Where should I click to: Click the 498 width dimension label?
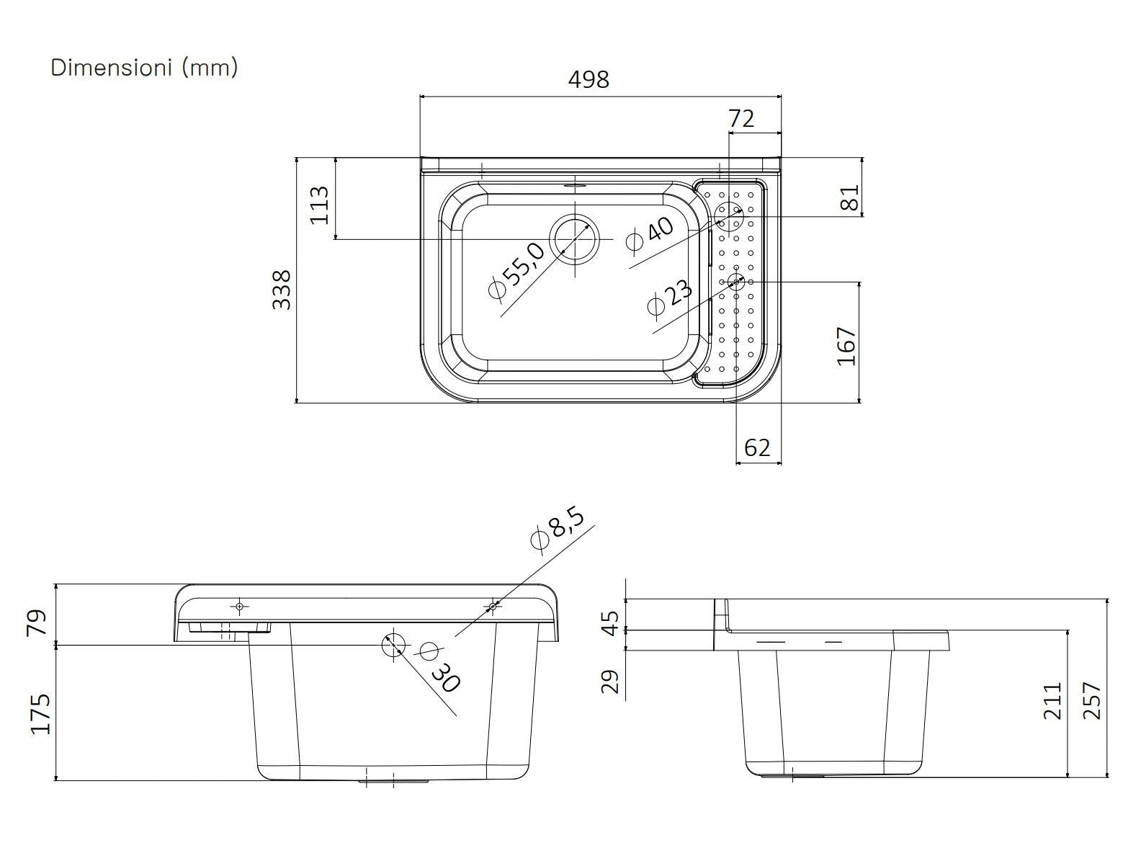(x=589, y=80)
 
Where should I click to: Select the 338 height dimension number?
(x=282, y=290)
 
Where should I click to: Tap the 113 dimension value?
(x=320, y=205)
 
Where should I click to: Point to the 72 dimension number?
(x=741, y=119)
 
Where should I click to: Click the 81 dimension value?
(x=850, y=197)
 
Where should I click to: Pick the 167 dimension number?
(x=846, y=347)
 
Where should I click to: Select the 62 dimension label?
(x=756, y=447)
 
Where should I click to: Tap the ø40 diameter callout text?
(x=650, y=235)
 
